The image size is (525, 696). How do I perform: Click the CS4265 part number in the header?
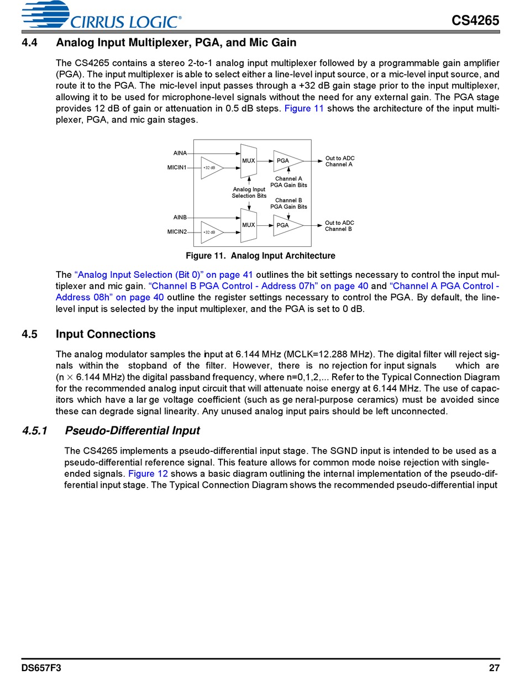(x=475, y=20)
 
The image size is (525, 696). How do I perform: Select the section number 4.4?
(x=30, y=43)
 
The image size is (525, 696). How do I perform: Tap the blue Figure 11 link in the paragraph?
(x=304, y=109)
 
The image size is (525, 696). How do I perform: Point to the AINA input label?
(x=180, y=153)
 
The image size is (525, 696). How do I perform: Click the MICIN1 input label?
(x=177, y=167)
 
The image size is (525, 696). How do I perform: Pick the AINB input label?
(x=180, y=218)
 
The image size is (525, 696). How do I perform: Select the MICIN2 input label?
(x=177, y=231)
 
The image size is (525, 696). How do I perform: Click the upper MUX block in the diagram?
(x=249, y=161)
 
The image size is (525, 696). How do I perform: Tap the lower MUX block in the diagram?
(x=249, y=225)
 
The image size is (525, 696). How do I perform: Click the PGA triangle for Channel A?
(x=286, y=161)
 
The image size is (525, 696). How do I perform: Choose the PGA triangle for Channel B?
(x=286, y=225)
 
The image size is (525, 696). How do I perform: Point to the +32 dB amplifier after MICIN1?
(x=211, y=167)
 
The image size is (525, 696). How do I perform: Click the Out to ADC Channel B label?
(x=339, y=226)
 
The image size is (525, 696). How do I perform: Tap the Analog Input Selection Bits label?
(x=249, y=193)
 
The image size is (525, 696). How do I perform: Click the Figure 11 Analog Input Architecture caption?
(x=260, y=256)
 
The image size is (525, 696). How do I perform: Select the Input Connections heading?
(x=106, y=334)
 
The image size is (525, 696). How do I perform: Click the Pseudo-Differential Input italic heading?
(x=132, y=430)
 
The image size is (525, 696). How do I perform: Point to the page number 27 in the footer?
(x=494, y=668)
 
